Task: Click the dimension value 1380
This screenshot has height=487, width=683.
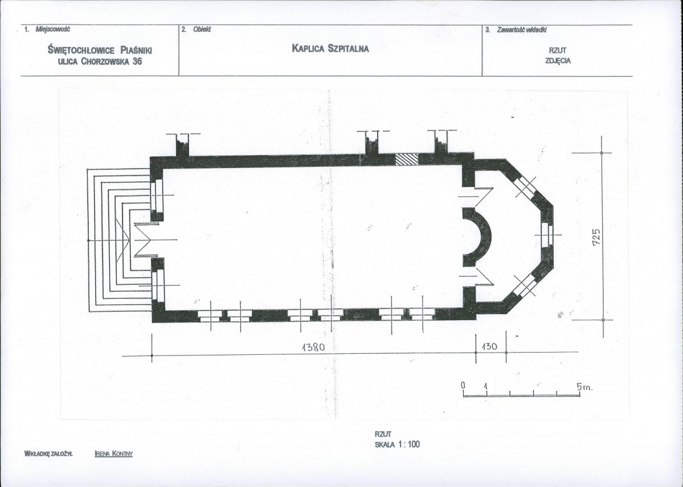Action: [x=313, y=347]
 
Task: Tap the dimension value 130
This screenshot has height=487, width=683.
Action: [x=489, y=346]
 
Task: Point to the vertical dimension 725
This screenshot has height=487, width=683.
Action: [x=597, y=237]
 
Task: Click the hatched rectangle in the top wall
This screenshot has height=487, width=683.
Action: [x=406, y=159]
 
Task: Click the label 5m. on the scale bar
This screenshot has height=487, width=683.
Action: [x=584, y=386]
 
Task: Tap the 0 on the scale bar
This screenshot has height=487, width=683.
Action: [x=464, y=386]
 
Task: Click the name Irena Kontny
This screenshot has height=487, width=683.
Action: [x=114, y=453]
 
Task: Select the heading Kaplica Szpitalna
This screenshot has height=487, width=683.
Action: [x=330, y=48]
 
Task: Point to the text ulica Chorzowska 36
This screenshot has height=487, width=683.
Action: [x=100, y=62]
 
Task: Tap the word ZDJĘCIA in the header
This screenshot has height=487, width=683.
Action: [x=558, y=61]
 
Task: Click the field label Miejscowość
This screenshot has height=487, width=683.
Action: [x=53, y=29]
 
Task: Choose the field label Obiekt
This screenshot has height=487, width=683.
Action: [x=202, y=29]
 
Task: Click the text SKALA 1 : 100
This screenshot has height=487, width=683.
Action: [x=397, y=444]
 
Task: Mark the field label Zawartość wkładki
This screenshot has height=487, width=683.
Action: [x=522, y=30]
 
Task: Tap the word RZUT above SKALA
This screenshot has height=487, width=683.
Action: [x=383, y=434]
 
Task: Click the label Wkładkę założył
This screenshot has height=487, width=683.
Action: [x=48, y=453]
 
